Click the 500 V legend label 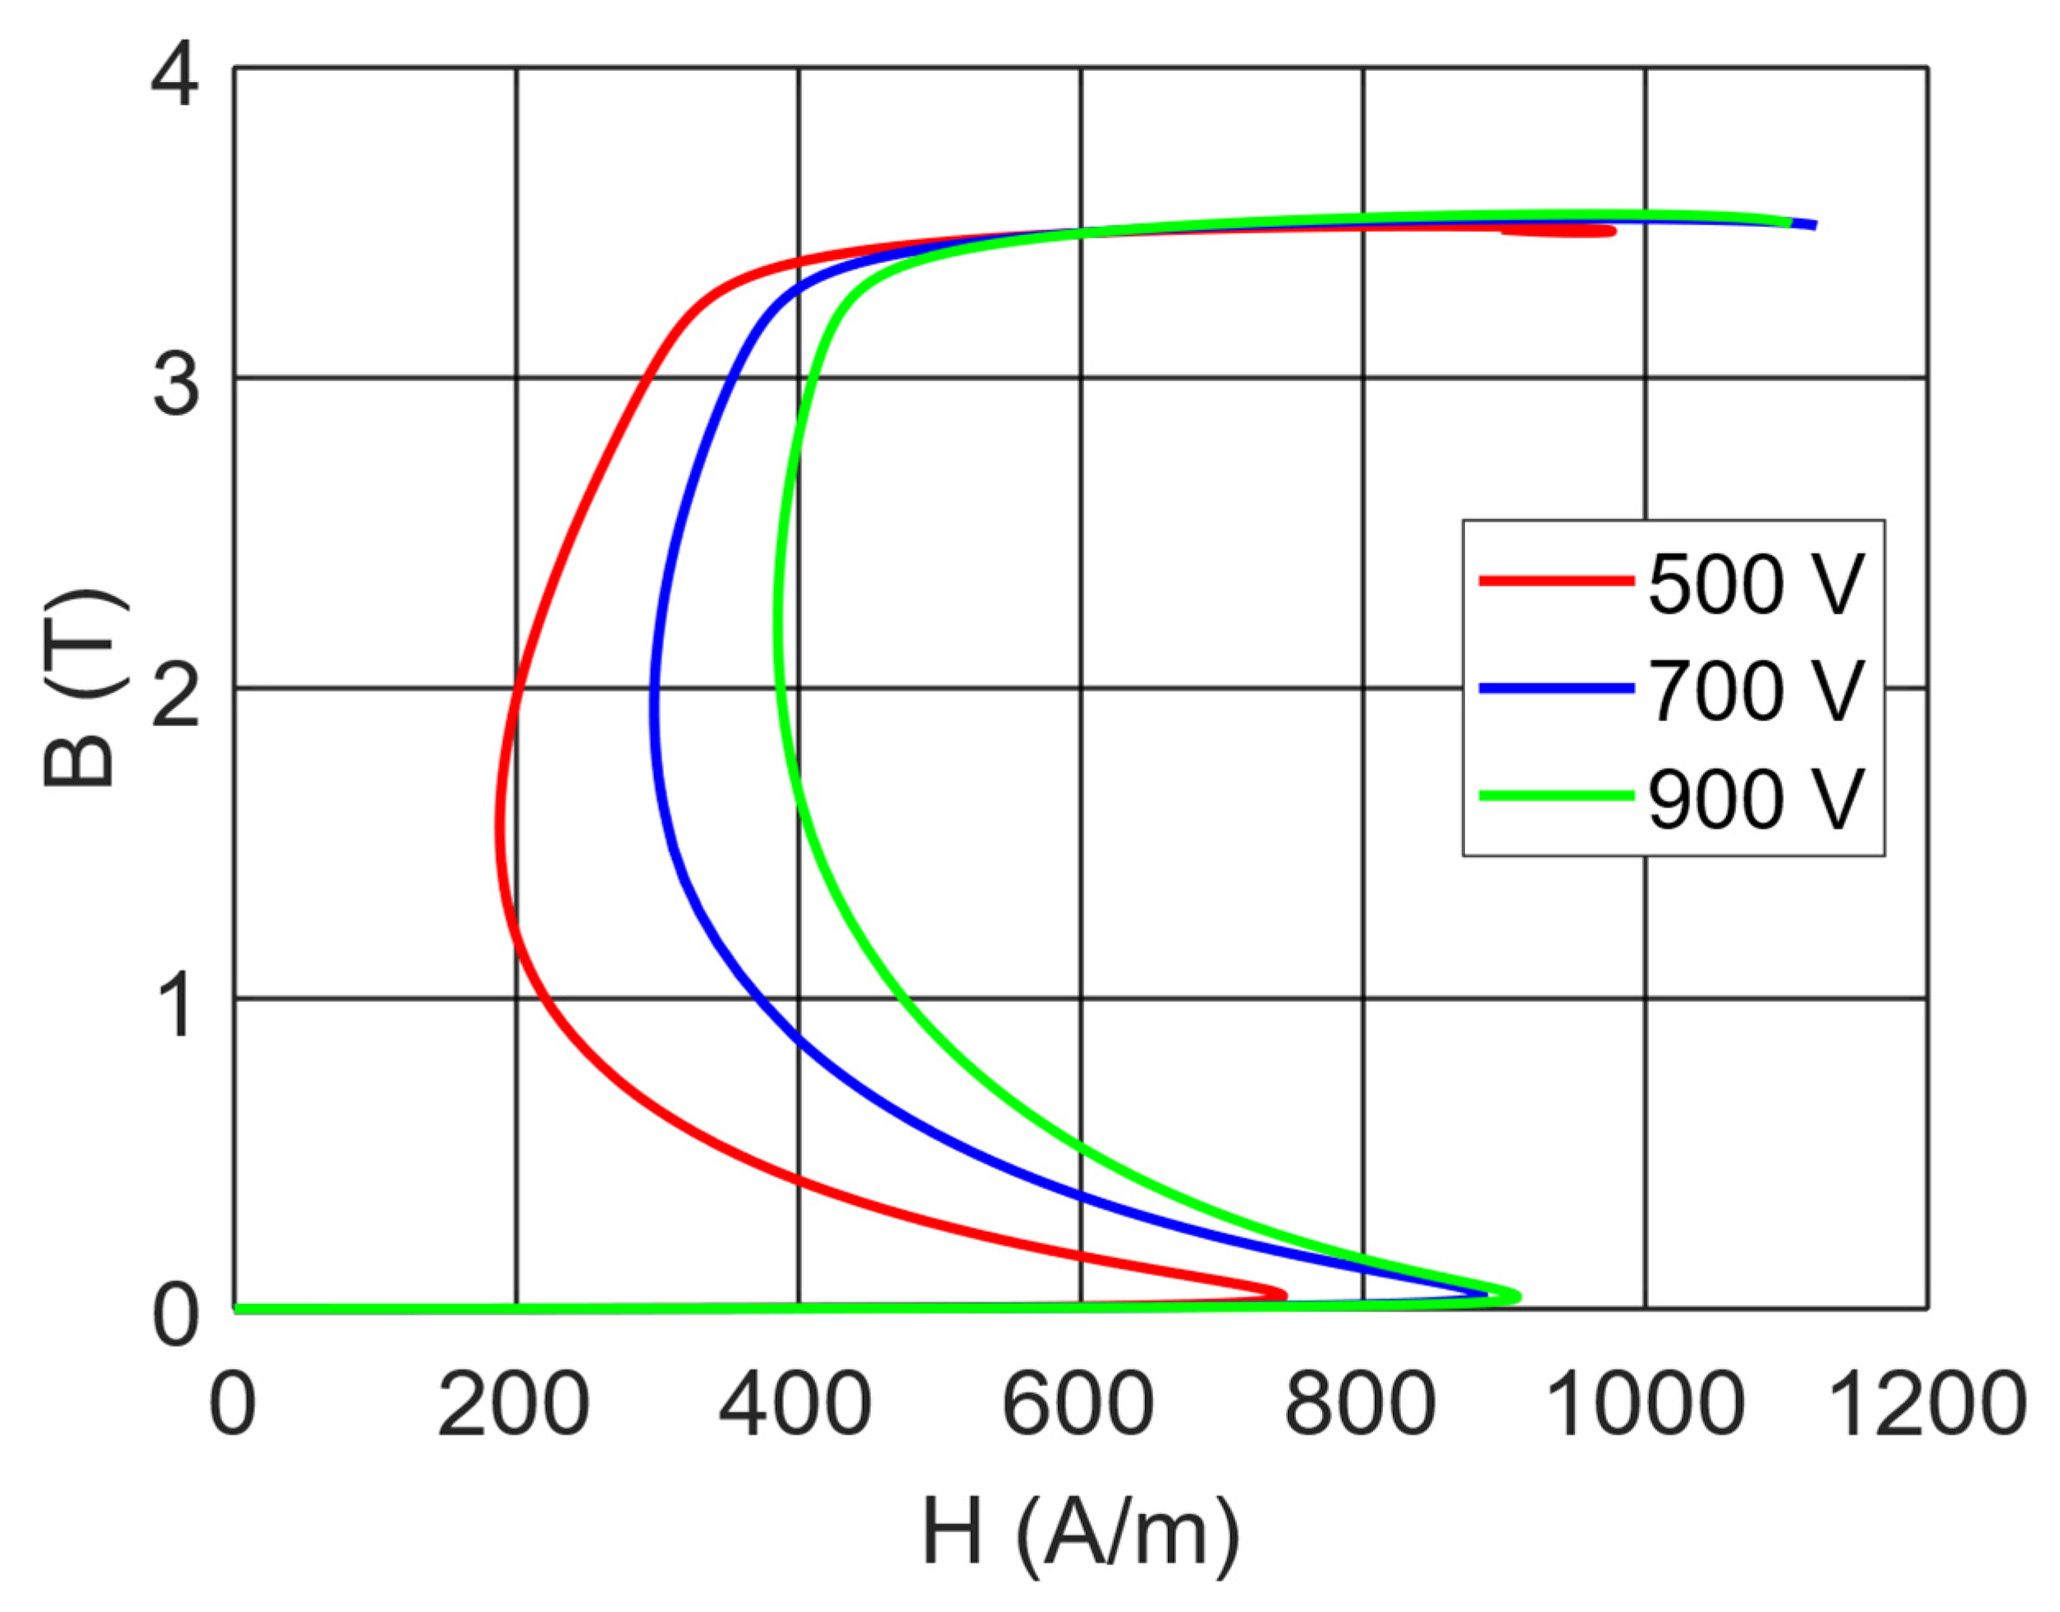tap(1756, 584)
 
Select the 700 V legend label tap(1756, 691)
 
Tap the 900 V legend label tap(1756, 799)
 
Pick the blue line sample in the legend tap(1556, 689)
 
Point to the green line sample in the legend tap(1556, 795)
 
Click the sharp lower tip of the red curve tap(1284, 1294)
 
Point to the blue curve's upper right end tap(1812, 225)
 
